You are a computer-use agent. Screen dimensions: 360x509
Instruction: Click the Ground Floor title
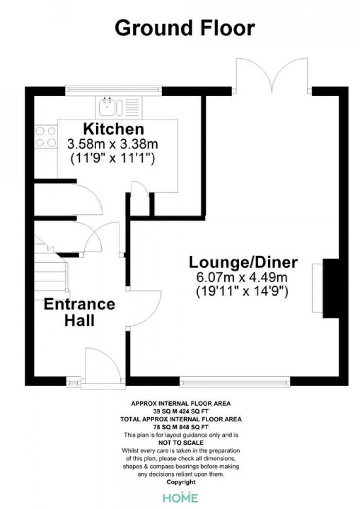(x=185, y=28)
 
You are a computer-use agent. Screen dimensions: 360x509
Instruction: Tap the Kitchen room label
(x=114, y=129)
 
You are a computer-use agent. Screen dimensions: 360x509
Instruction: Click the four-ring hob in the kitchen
(x=46, y=137)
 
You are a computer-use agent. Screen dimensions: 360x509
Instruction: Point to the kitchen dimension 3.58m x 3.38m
(x=113, y=144)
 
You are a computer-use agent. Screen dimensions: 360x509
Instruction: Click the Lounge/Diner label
(x=243, y=262)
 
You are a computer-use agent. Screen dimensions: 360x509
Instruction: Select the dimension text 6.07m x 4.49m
(x=242, y=277)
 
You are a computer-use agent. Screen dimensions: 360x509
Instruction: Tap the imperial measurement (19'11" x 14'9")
(x=242, y=291)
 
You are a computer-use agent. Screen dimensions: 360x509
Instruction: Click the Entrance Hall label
(x=80, y=312)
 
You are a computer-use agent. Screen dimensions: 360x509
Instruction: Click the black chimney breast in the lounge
(x=331, y=288)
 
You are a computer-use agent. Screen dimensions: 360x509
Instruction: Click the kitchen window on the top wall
(x=113, y=90)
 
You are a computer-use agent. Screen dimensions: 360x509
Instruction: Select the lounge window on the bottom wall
(x=235, y=381)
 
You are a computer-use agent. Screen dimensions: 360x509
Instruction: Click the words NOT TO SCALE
(x=181, y=443)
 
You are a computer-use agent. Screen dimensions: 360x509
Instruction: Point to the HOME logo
(x=180, y=498)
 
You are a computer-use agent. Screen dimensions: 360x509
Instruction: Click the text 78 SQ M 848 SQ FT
(x=181, y=427)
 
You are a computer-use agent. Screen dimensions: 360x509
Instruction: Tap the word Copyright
(x=181, y=482)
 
